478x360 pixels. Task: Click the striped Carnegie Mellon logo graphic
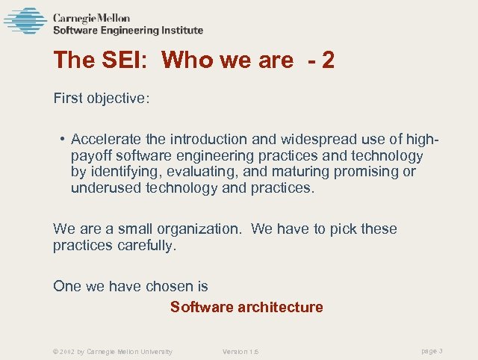point(25,21)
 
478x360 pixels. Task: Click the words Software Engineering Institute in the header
point(128,31)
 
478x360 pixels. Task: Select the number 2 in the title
point(328,60)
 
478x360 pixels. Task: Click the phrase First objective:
point(102,98)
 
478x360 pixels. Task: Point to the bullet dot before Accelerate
point(63,140)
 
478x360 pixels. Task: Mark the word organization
point(200,229)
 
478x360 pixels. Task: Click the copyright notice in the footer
point(113,351)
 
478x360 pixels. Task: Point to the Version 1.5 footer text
point(240,351)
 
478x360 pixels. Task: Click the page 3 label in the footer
point(432,350)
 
